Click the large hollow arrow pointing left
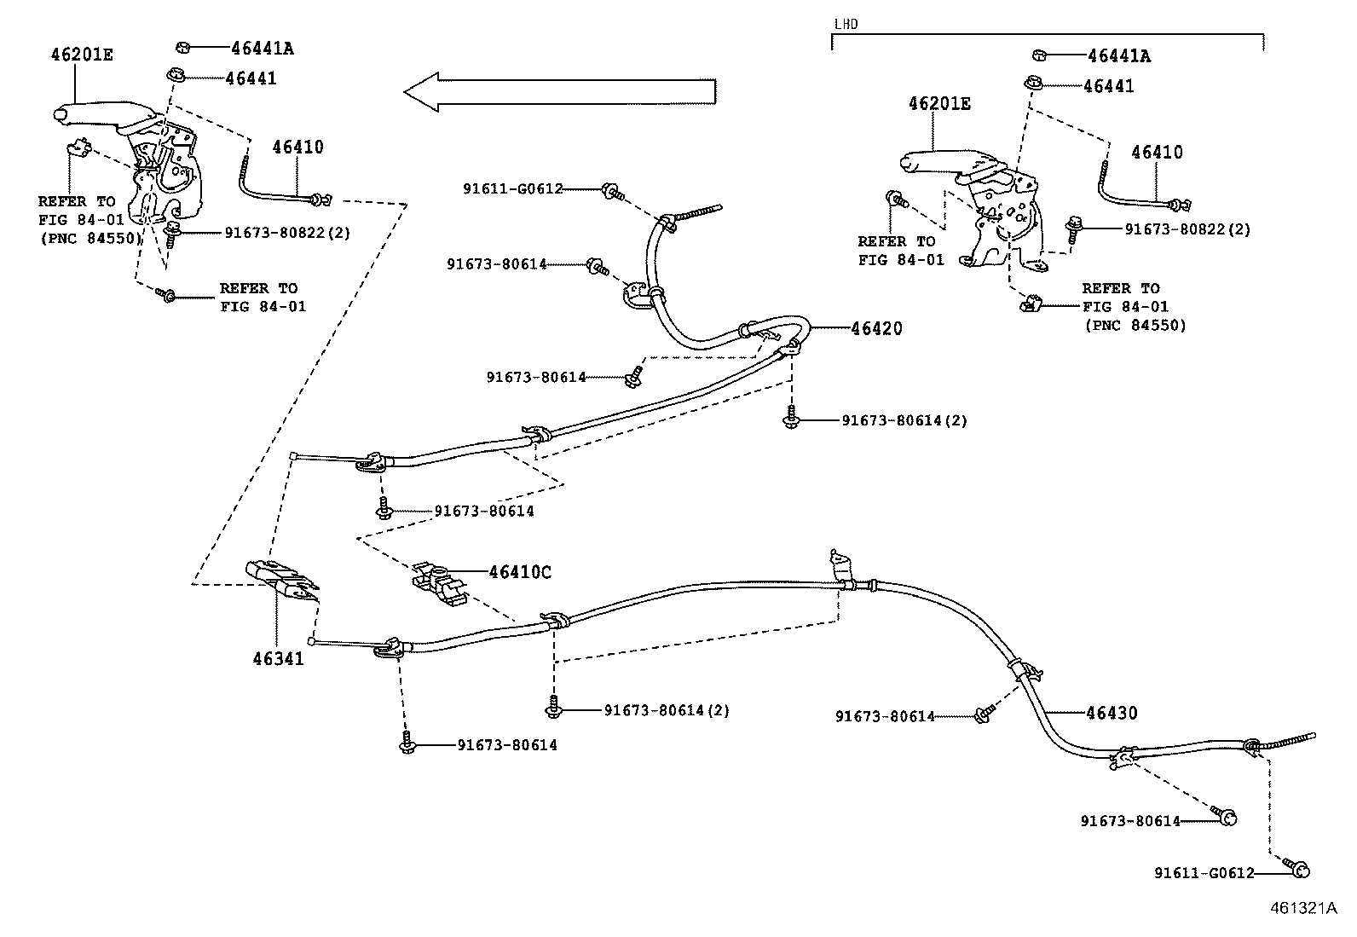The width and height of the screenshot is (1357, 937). point(560,92)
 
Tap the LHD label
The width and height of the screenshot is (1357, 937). point(846,24)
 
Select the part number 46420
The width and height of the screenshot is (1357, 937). point(876,328)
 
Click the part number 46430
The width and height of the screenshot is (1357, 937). point(1112,713)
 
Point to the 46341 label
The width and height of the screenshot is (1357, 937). point(278,658)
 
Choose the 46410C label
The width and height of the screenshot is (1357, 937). point(521,572)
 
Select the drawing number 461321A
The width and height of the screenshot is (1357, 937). point(1303,908)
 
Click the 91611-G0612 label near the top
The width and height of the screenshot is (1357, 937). point(513,189)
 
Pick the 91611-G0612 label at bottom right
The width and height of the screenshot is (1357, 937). point(1204,873)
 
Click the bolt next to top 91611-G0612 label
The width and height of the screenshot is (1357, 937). point(613,192)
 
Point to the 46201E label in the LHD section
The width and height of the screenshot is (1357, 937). point(939,104)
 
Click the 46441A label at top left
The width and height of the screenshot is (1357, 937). point(263,49)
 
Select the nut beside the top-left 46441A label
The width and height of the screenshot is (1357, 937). point(183,47)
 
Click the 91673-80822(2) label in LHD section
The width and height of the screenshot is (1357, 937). point(1187,229)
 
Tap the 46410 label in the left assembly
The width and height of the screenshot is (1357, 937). point(297,147)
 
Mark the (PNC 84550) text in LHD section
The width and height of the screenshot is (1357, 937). point(1135,326)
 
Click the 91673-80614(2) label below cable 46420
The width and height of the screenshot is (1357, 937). point(904,420)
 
